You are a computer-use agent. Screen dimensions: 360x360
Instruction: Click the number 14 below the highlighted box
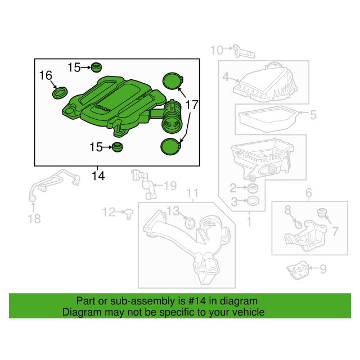(98, 176)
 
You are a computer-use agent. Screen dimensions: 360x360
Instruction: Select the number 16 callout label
(46, 75)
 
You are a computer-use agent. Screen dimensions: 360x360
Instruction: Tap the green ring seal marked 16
(60, 93)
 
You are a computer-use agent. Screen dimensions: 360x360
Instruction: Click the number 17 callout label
(192, 105)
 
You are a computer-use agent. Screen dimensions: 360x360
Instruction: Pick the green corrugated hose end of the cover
(172, 118)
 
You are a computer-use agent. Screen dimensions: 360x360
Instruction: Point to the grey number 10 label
(217, 50)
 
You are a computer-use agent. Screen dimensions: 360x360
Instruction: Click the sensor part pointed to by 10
(244, 52)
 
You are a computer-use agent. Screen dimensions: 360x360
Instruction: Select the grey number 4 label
(226, 77)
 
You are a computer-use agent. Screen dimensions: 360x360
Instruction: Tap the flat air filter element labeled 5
(268, 119)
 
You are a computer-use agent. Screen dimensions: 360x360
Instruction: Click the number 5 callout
(313, 115)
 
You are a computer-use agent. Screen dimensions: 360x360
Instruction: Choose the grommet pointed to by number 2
(253, 188)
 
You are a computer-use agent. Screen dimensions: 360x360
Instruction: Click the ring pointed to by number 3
(253, 201)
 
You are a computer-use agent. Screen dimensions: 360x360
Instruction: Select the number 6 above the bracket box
(309, 192)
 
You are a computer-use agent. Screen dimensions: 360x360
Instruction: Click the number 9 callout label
(323, 269)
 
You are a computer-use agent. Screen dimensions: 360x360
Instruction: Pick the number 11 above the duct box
(192, 193)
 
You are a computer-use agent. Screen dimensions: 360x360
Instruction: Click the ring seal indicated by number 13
(190, 223)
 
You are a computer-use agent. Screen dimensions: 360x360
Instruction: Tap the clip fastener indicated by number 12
(129, 214)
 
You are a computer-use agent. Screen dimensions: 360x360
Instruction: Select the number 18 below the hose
(34, 219)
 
